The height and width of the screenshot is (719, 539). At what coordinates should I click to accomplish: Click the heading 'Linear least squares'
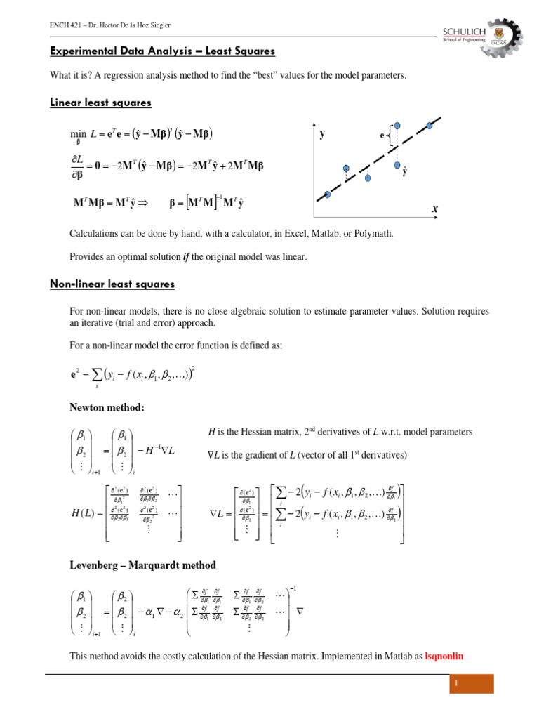point(100,103)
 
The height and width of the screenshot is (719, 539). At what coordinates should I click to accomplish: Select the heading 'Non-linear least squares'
point(112,284)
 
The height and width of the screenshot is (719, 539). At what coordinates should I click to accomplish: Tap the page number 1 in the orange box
point(471,684)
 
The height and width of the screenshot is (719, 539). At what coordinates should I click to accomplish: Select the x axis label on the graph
point(434,209)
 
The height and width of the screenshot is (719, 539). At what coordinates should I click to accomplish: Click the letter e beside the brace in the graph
point(382,136)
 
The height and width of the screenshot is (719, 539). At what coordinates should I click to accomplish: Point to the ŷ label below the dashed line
point(404,170)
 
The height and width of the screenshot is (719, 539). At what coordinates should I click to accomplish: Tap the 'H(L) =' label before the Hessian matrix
point(86,514)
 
